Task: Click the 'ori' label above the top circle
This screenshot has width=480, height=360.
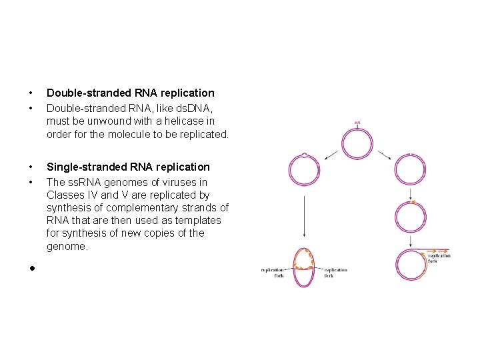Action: [x=357, y=122]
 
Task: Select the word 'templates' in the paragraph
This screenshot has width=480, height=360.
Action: [x=198, y=220]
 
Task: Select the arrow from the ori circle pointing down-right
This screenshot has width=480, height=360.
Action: [x=385, y=155]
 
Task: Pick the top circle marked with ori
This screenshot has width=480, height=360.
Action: [x=357, y=143]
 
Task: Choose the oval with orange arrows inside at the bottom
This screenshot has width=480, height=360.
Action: [x=304, y=267]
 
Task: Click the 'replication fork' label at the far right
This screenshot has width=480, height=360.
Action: [x=439, y=258]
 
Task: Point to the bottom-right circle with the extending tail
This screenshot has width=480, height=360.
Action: [x=409, y=265]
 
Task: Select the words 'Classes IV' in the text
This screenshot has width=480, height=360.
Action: [x=70, y=195]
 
